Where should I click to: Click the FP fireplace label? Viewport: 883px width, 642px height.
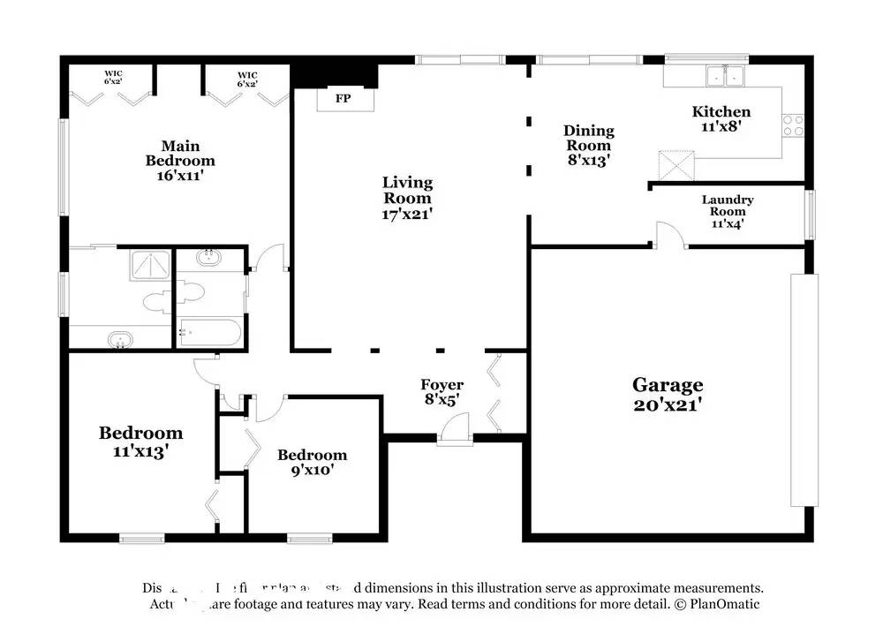[343, 98]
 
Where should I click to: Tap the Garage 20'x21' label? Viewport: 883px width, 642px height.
[668, 395]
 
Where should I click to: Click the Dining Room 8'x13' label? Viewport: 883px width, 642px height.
[589, 145]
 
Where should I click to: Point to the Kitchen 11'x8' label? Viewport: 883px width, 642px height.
[721, 117]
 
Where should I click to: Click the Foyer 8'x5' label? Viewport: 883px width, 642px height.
[441, 391]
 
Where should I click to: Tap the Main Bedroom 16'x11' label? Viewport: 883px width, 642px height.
[180, 160]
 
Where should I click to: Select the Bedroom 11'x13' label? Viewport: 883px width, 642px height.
[140, 441]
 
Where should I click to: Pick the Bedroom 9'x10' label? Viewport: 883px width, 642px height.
[312, 462]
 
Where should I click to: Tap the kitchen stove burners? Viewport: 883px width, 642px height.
[793, 125]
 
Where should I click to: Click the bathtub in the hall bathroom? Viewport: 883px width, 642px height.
[210, 333]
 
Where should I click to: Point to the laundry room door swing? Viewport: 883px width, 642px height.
[668, 234]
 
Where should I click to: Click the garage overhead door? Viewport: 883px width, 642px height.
[804, 389]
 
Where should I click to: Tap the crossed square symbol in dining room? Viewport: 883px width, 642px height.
[676, 165]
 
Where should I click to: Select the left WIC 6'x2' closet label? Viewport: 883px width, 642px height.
[113, 79]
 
